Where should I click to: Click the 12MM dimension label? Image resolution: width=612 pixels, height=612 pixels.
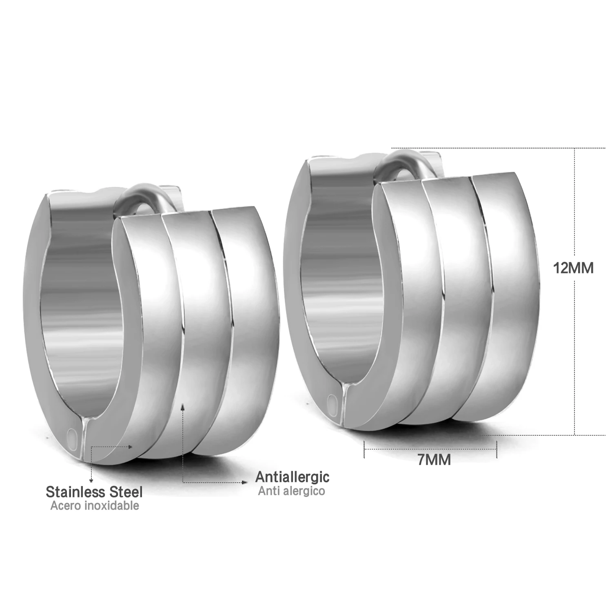(573, 268)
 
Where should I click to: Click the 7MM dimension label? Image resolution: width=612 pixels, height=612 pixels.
(434, 460)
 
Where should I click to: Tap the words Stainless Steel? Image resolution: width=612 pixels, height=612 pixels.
(94, 492)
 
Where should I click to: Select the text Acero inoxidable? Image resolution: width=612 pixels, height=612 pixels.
(95, 506)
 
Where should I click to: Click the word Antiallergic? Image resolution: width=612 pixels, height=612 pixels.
(292, 477)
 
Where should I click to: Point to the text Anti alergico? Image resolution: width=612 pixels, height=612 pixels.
(291, 490)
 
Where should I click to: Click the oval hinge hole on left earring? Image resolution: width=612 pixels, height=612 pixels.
(73, 437)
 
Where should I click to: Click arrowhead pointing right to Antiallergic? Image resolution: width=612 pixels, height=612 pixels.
(245, 482)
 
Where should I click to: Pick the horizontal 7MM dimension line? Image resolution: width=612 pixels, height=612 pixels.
(430, 448)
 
